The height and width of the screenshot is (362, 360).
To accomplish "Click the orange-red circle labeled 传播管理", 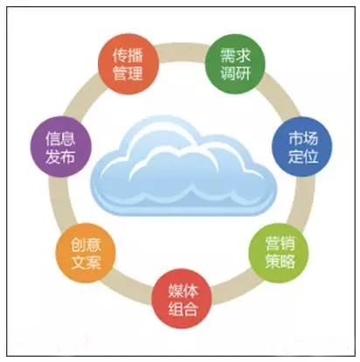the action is tap(128, 64).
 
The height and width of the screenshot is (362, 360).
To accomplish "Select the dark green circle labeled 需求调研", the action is tap(235, 64).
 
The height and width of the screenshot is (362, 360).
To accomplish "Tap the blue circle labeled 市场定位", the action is tap(302, 147).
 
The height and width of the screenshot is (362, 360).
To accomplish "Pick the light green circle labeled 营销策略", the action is tap(279, 253).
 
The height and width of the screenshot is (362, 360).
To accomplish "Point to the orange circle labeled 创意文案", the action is tap(86, 253).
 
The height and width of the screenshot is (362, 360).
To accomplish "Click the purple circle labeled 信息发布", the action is tap(61, 147).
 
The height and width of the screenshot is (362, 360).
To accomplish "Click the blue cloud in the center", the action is tap(183, 165).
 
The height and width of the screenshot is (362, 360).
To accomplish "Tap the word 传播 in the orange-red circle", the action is tap(128, 55).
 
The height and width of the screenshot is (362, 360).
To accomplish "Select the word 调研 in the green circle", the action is tap(235, 73).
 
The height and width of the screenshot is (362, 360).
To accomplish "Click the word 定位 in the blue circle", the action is tap(303, 156).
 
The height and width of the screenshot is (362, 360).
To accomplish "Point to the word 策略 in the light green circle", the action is tap(280, 261).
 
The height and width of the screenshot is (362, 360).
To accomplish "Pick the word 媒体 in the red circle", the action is tap(183, 290).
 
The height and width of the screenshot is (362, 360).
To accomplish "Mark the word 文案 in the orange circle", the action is tap(86, 261).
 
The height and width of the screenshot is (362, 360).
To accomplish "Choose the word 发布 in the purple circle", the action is tap(60, 156).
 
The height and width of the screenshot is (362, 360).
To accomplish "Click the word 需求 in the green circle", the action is tap(235, 55).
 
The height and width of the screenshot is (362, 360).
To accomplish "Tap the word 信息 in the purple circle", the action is tap(60, 138).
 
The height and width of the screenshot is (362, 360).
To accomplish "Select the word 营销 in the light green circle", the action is tap(280, 244).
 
